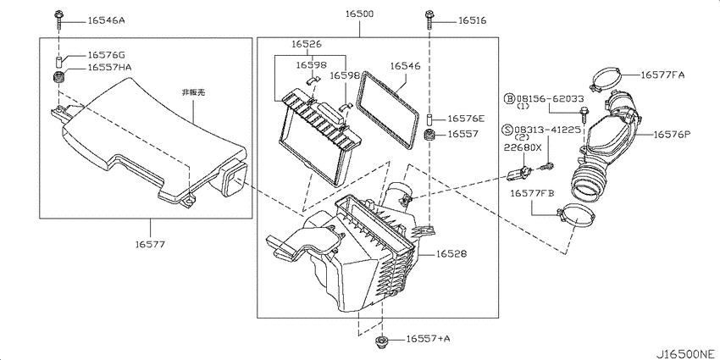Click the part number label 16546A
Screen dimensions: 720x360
(x=106, y=20)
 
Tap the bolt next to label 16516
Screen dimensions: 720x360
(x=429, y=19)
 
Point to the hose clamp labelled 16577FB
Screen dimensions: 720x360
(x=575, y=216)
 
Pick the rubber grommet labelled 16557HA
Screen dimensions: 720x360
(x=58, y=77)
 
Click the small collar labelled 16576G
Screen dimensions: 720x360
(x=59, y=61)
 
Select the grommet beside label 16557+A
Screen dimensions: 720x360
(x=381, y=341)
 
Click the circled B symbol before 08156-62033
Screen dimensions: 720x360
(x=509, y=98)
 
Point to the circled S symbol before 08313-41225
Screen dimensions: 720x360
(x=509, y=130)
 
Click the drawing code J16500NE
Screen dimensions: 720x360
(x=686, y=354)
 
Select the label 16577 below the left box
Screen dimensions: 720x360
(x=150, y=244)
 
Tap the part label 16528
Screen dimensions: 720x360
(x=451, y=253)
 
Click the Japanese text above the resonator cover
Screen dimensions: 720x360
(x=193, y=92)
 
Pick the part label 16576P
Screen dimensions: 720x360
(x=673, y=134)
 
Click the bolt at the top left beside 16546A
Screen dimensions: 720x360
(x=58, y=19)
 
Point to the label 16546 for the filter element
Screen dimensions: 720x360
(x=405, y=66)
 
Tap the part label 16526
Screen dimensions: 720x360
(x=307, y=45)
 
